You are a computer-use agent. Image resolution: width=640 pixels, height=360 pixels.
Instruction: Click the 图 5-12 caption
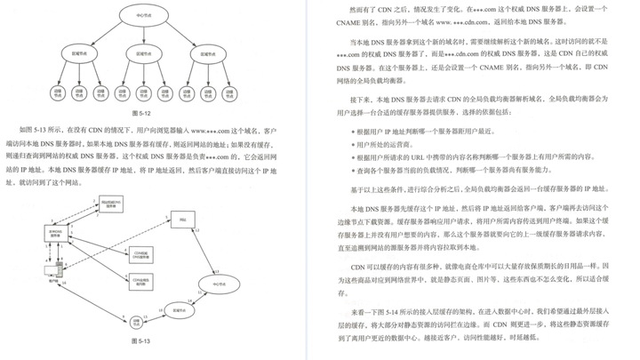141,114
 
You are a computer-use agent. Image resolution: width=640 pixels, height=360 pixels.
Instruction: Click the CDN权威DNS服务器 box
140,253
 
